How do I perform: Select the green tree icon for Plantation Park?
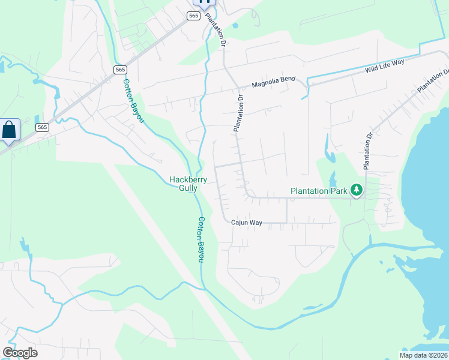click(357, 190)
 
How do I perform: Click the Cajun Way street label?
click(247, 223)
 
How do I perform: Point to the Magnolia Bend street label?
click(274, 85)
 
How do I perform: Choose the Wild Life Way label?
click(385, 66)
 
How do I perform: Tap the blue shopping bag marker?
click(10, 130)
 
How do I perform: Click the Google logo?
click(20, 352)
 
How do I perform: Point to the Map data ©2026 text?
click(424, 355)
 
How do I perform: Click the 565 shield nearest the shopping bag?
click(42, 127)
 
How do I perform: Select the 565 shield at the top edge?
click(193, 16)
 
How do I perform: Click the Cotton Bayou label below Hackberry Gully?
click(201, 239)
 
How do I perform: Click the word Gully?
click(187, 188)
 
